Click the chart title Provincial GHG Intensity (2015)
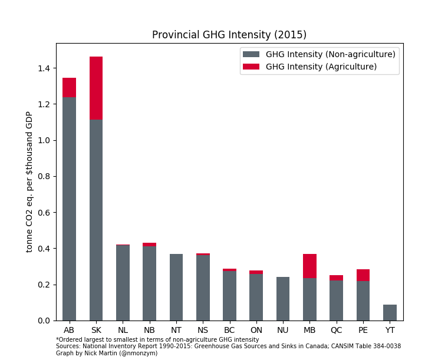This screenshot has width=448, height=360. click(x=229, y=35)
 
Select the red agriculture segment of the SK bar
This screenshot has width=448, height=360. click(x=96, y=88)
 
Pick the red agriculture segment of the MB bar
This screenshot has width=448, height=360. click(x=309, y=266)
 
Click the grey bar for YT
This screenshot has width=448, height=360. click(x=390, y=313)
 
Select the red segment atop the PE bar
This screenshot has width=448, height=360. click(x=363, y=275)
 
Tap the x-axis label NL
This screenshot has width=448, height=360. click(x=123, y=330)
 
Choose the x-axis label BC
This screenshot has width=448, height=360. click(x=229, y=330)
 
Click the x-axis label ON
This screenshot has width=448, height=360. click(x=256, y=330)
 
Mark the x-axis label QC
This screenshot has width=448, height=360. click(x=336, y=330)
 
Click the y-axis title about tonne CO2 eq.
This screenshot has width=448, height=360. click(x=29, y=181)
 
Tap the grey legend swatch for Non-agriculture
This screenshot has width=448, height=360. click(x=251, y=54)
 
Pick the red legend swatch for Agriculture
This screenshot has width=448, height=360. click(x=251, y=67)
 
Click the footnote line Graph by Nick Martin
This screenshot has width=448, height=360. click(x=107, y=354)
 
